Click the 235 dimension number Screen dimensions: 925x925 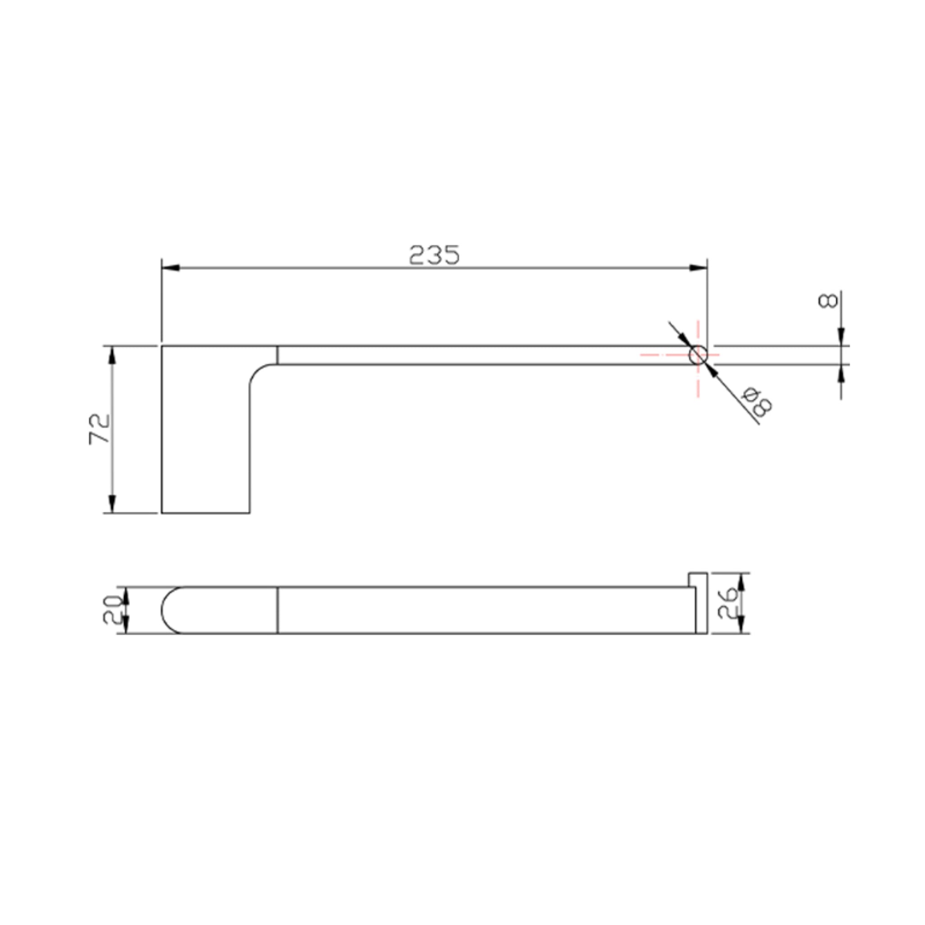click(434, 255)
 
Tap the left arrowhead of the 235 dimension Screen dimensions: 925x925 click(170, 268)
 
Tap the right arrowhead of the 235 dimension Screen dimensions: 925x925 click(699, 268)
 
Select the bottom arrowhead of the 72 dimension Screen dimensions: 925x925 click(112, 504)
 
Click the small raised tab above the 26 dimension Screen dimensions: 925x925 click(697, 579)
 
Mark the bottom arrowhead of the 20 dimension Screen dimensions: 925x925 click(126, 624)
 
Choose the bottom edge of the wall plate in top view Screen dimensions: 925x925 click(206, 513)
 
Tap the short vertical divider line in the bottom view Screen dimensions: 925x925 click(278, 610)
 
